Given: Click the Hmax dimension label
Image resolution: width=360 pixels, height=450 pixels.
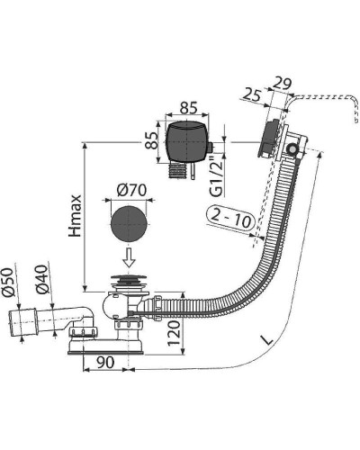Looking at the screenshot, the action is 75,216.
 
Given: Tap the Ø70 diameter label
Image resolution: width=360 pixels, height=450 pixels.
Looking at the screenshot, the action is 131,190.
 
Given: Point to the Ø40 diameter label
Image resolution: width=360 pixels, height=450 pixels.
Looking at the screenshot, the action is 41,279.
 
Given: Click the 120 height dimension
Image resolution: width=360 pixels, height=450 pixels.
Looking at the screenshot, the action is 174,333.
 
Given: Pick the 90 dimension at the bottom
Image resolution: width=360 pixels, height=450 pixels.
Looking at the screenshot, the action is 105,363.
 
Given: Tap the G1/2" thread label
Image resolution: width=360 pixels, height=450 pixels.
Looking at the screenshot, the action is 217,176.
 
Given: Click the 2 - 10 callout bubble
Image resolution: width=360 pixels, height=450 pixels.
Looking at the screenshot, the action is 230,218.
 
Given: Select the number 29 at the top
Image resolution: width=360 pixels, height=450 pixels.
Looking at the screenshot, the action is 283,84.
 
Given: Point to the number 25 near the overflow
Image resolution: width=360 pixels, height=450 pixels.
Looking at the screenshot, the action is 251,95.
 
